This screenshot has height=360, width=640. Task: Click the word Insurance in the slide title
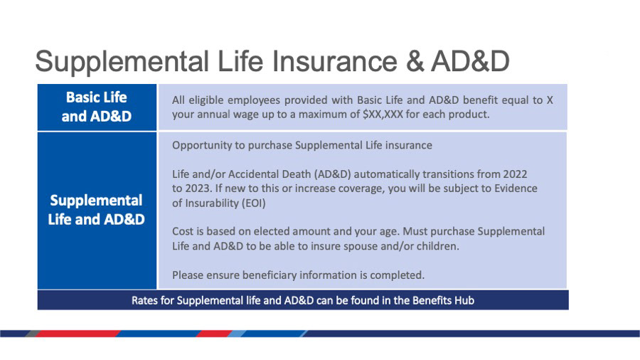tap(335, 61)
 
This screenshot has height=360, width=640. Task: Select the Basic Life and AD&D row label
tap(97, 107)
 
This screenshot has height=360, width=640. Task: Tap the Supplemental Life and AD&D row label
tap(96, 210)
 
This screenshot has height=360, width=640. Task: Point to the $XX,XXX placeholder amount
tap(383, 115)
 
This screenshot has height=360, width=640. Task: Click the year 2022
tap(515, 174)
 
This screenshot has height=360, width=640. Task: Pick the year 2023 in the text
tap(198, 189)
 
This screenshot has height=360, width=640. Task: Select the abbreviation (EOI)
tap(254, 203)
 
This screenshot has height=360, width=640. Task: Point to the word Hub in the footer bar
tap(465, 301)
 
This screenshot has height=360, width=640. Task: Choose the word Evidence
tap(516, 189)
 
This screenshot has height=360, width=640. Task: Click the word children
tap(437, 247)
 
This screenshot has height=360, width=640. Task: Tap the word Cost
tap(183, 231)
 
